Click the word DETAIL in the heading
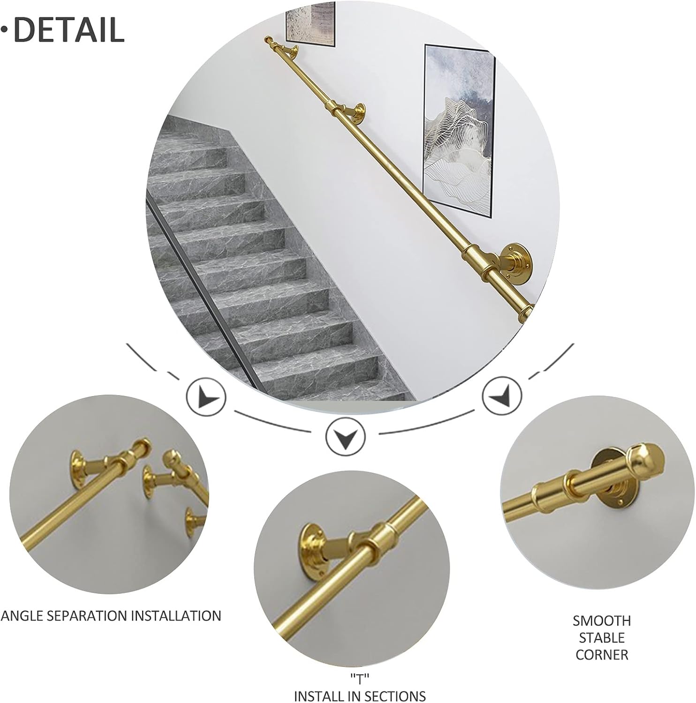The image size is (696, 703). (69, 29)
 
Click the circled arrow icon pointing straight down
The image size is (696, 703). (345, 435)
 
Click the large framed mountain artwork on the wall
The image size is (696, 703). (460, 131)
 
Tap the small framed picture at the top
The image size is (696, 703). (310, 23)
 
